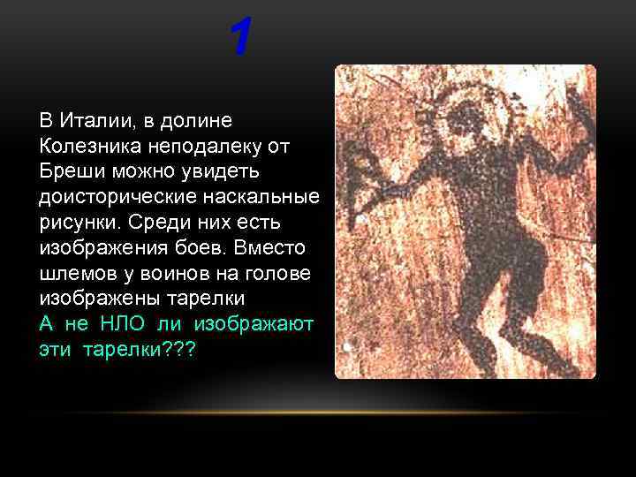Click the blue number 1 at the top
click(240, 38)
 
